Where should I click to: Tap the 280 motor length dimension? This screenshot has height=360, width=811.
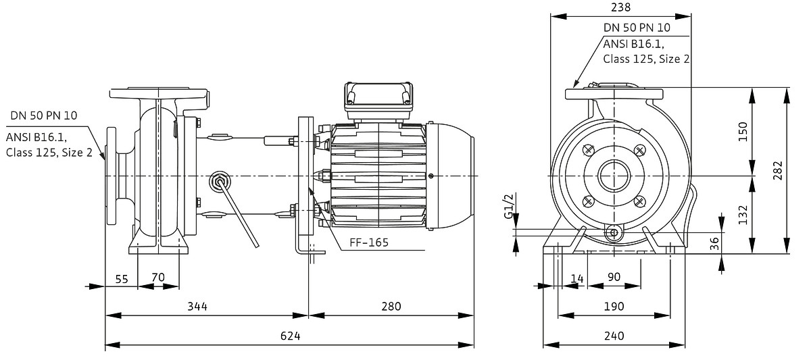pyautogui.click(x=390, y=306)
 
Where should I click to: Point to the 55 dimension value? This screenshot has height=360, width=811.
pyautogui.click(x=122, y=278)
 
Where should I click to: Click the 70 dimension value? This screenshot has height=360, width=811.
pyautogui.click(x=158, y=278)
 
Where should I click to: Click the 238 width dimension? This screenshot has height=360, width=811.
pyautogui.click(x=620, y=7)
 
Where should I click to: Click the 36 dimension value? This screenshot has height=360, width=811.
pyautogui.click(x=714, y=244)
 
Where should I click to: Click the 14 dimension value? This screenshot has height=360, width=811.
pyautogui.click(x=576, y=277)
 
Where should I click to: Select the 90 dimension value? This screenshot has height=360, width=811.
pyautogui.click(x=614, y=277)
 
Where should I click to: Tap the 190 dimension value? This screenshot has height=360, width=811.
pyautogui.click(x=614, y=306)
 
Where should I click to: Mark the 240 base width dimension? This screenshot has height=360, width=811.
pyautogui.click(x=614, y=336)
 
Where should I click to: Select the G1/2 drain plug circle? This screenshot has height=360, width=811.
pyautogui.click(x=614, y=232)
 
